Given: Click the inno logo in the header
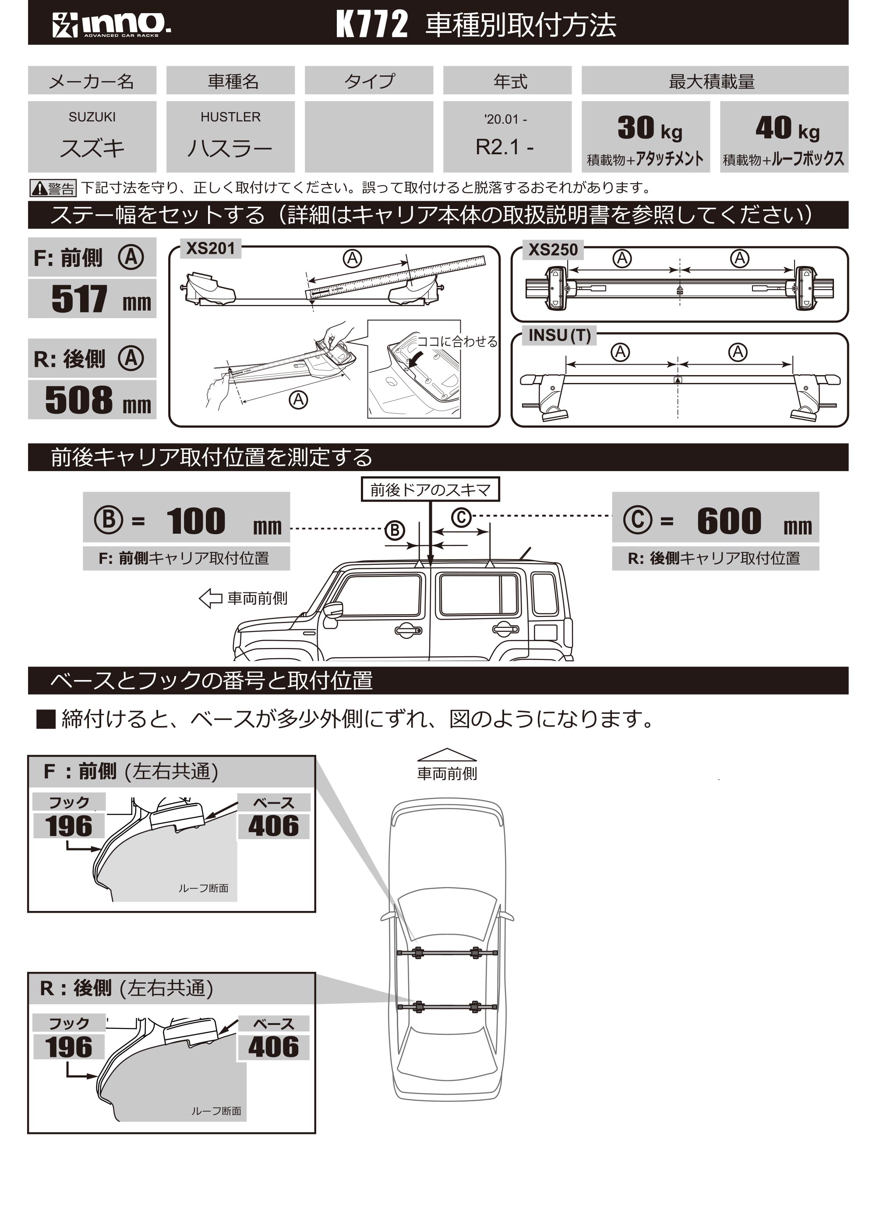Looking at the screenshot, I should [112, 24].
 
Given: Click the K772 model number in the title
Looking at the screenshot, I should [372, 25].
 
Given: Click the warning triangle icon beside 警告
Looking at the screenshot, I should [39, 188].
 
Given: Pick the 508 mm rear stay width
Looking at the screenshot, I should [92, 400].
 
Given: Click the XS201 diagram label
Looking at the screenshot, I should [210, 248].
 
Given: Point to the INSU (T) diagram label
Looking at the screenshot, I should [559, 336].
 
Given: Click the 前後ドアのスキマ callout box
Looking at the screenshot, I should [430, 489].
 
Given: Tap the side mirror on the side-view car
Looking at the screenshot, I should [334, 610].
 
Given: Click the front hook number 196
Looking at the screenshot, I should [68, 826].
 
